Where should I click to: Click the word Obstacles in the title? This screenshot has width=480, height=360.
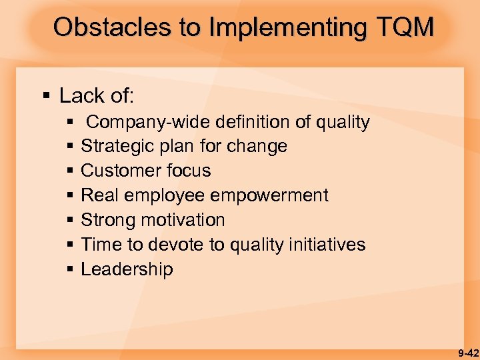pyautogui.click(x=109, y=27)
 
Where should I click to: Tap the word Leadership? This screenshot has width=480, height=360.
pyautogui.click(x=127, y=269)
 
